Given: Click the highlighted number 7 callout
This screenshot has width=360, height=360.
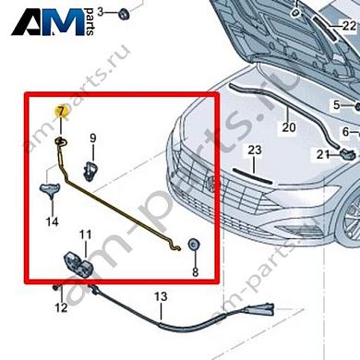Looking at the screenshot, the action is click(61, 112).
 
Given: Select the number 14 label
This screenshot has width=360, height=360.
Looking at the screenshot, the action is click(53, 222).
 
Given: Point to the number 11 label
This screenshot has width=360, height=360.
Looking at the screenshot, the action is click(84, 235).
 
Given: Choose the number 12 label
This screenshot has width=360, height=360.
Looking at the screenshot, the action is click(60, 306).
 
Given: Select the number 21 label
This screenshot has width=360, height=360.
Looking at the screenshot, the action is click(323, 154).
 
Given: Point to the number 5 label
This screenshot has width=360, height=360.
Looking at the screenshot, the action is click(336, 104).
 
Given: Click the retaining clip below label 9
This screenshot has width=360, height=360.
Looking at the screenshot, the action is click(92, 168).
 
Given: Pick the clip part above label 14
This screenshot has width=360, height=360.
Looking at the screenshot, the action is click(52, 190).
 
